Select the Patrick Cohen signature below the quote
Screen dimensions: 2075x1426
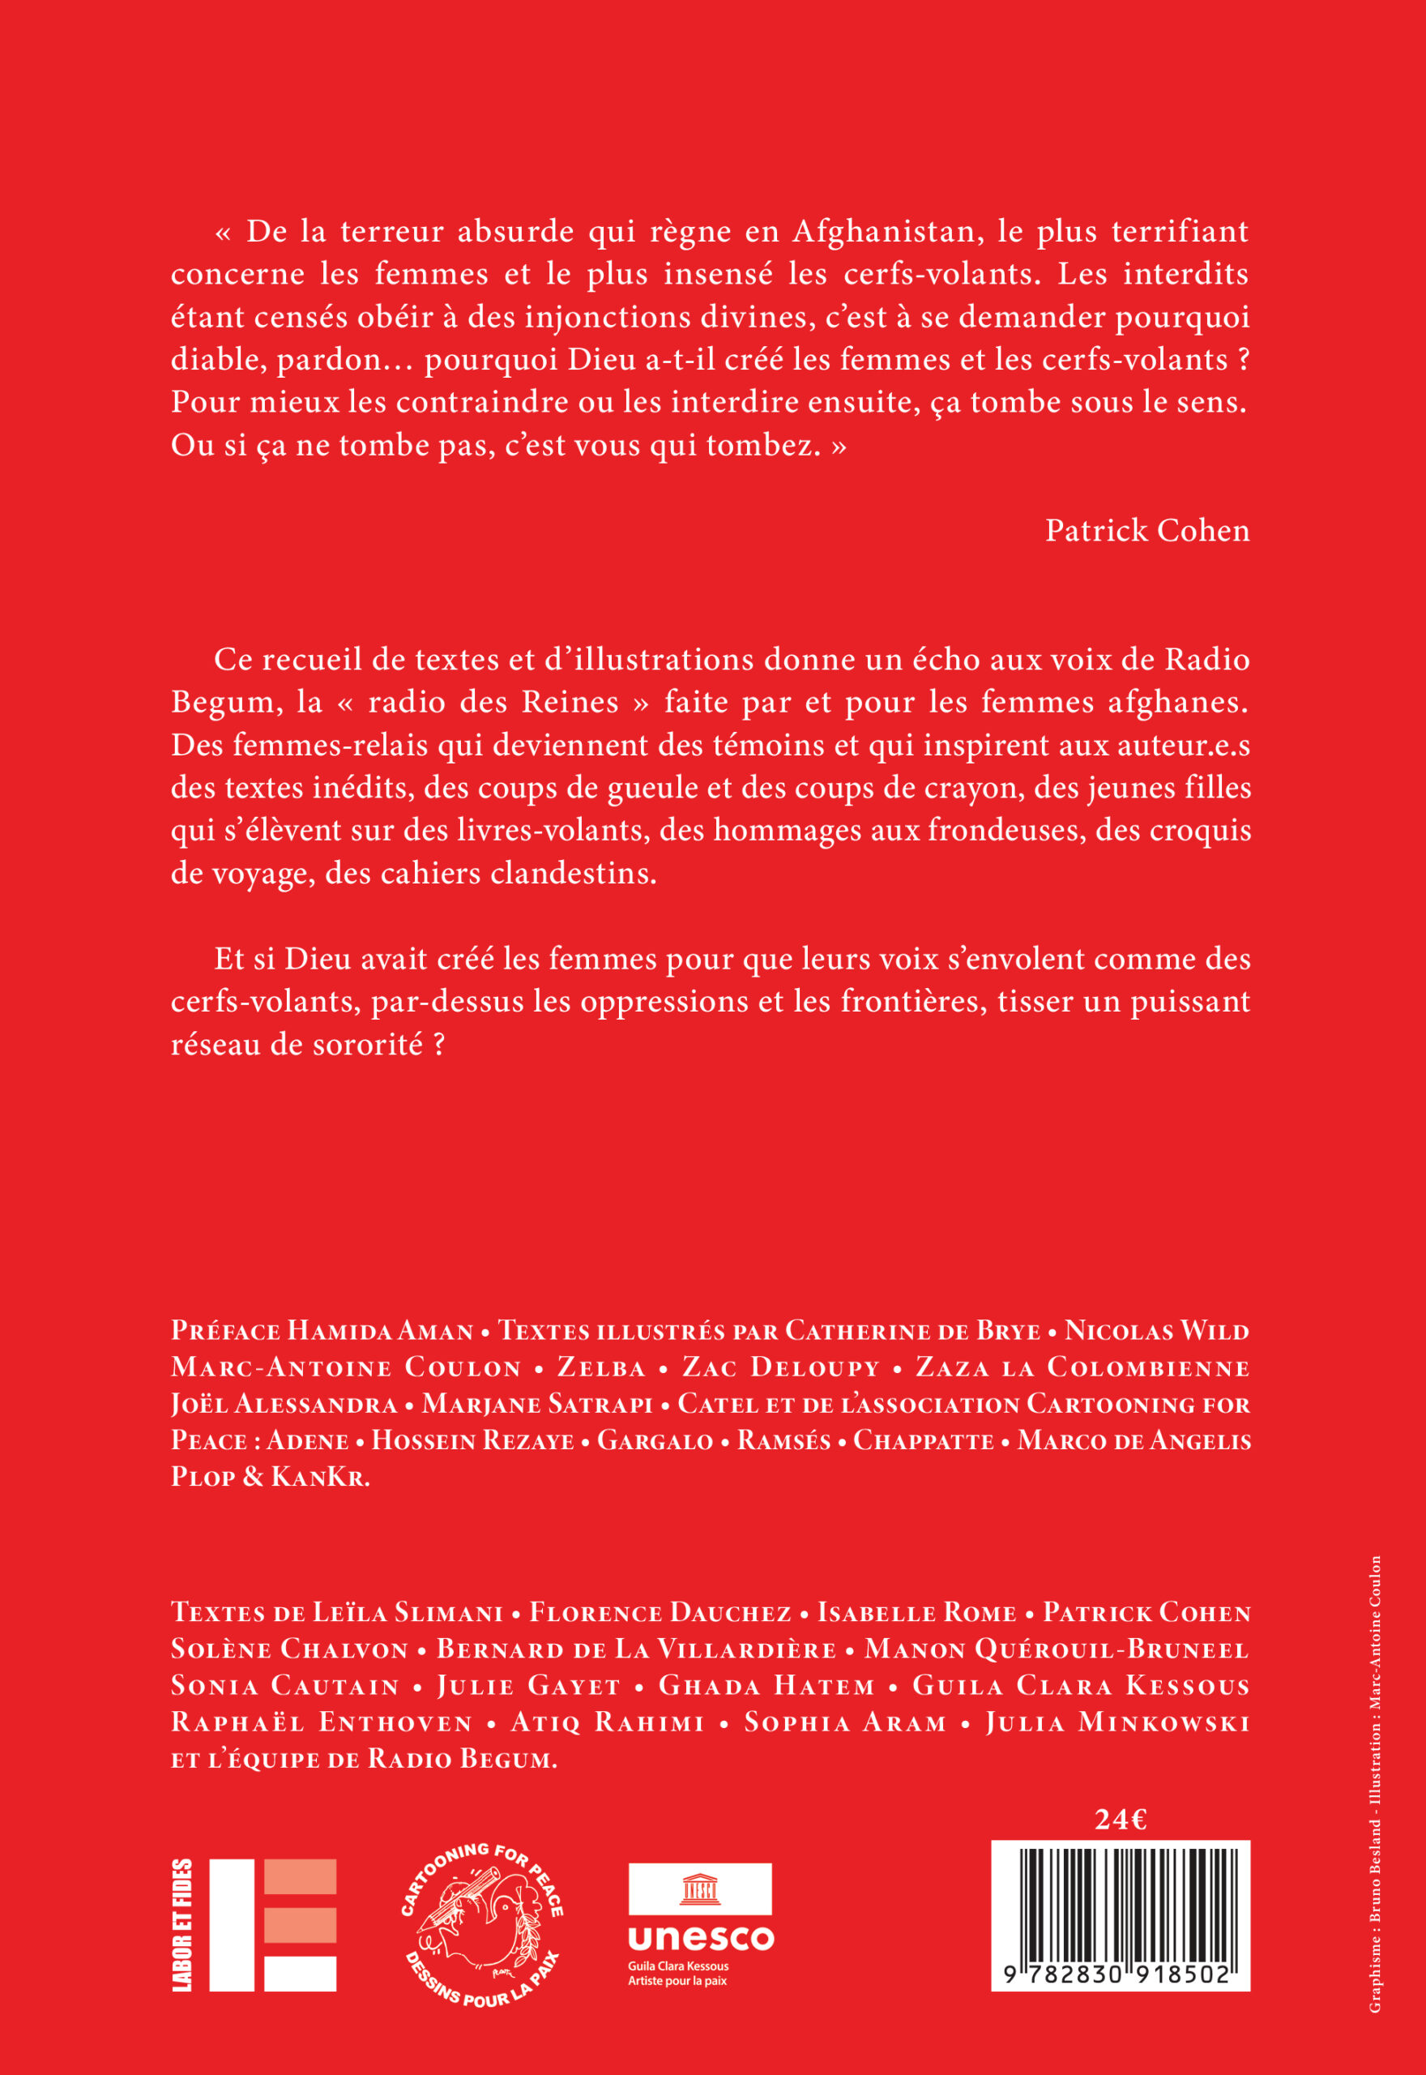click(x=1147, y=531)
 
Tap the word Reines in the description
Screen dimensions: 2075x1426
click(x=570, y=703)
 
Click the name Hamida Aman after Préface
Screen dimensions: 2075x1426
click(x=381, y=1332)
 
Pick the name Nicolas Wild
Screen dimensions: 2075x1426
click(x=1157, y=1332)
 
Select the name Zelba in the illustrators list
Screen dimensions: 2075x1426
click(x=601, y=1368)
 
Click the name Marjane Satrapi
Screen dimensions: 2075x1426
click(x=538, y=1404)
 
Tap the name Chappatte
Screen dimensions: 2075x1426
click(x=924, y=1440)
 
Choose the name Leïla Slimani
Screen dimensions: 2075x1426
click(x=408, y=1613)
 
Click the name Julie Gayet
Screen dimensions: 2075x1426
click(x=528, y=1686)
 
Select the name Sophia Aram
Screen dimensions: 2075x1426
click(x=845, y=1723)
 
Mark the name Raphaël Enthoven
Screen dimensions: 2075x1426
click(x=322, y=1723)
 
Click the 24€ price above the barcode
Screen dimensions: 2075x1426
click(x=1121, y=1820)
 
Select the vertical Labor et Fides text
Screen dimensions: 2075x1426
click(x=182, y=1924)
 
